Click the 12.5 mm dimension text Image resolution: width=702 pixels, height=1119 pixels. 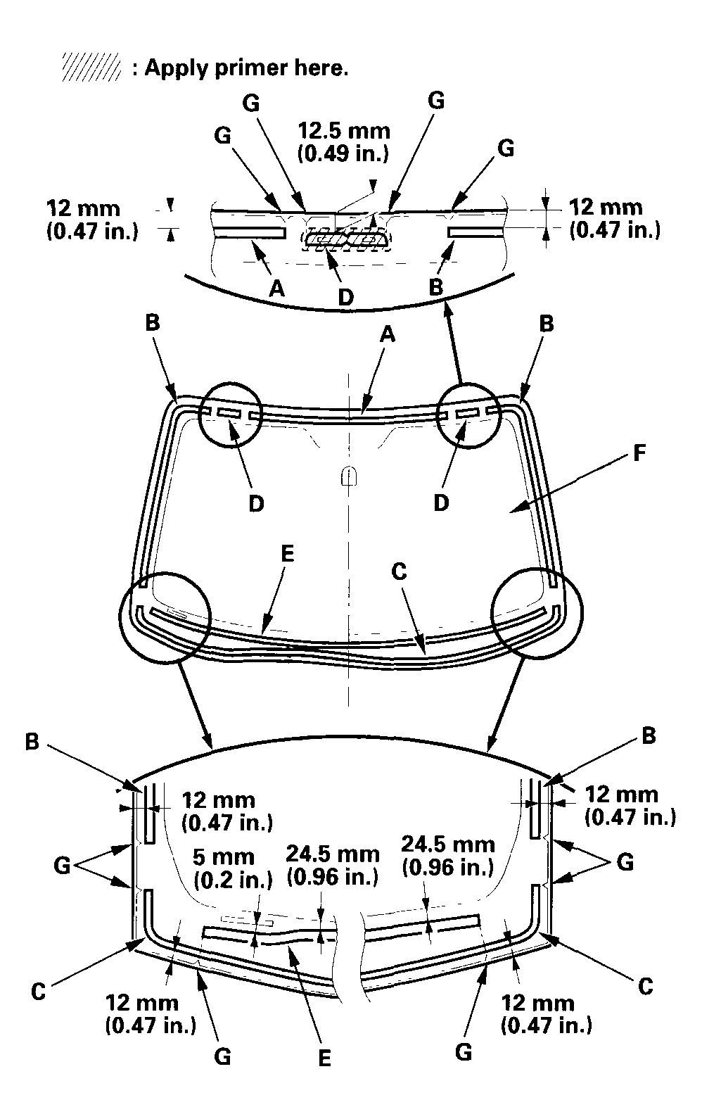click(x=344, y=131)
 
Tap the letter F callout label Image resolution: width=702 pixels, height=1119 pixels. click(x=639, y=453)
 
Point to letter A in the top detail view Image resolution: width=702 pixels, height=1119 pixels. click(x=277, y=288)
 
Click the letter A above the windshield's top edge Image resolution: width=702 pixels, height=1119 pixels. click(x=387, y=336)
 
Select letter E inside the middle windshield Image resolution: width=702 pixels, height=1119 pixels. click(x=287, y=554)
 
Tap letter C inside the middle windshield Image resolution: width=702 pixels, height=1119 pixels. click(x=398, y=571)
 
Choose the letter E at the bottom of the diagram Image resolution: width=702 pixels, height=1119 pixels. click(x=324, y=1058)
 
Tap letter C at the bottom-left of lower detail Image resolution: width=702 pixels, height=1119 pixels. click(x=39, y=992)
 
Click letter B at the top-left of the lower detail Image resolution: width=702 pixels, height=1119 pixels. click(x=32, y=742)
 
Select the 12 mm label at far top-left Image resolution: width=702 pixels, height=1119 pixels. click(x=82, y=208)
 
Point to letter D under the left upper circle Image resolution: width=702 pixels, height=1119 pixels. click(x=257, y=503)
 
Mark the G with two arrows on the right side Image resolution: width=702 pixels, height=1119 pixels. click(x=625, y=862)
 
